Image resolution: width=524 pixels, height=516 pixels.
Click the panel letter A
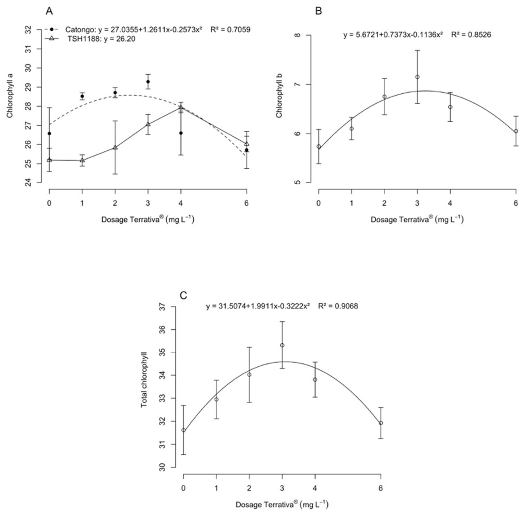49,11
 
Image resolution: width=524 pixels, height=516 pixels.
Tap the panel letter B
319,11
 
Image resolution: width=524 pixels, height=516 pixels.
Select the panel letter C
183,296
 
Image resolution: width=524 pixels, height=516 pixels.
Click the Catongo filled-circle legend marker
52,29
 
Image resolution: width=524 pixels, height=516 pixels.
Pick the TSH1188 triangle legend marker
52,39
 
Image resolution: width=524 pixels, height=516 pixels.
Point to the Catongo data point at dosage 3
148,82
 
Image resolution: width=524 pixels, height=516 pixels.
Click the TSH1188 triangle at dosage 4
181,107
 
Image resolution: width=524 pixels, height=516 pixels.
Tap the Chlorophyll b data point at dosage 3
417,77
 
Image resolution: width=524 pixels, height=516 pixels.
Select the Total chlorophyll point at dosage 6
381,423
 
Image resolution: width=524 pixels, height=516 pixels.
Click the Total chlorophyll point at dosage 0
183,430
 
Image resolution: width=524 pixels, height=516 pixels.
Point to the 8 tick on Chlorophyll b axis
298,35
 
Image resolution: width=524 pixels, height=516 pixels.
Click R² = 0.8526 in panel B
471,34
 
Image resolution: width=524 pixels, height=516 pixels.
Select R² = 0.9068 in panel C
338,306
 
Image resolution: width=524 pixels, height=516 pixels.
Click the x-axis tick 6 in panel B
515,203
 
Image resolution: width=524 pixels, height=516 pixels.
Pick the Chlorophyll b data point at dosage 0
319,147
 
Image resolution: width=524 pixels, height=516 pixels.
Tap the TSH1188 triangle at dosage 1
82,160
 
